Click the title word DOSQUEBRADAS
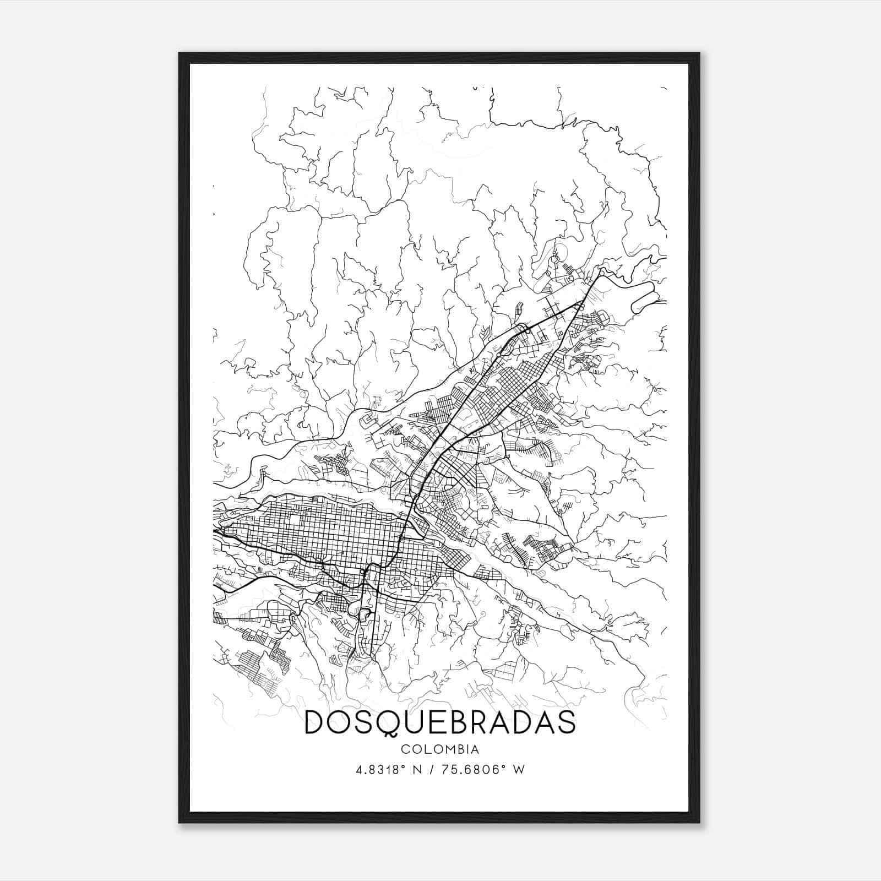(440, 722)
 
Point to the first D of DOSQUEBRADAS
(314, 722)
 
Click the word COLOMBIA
(440, 749)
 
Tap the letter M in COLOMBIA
(444, 749)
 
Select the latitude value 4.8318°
(379, 769)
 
